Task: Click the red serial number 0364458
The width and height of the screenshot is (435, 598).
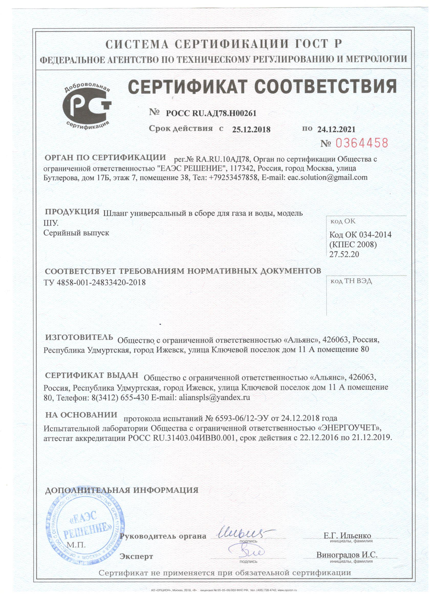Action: pyautogui.click(x=362, y=143)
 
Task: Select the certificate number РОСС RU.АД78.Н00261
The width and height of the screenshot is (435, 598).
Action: pyautogui.click(x=211, y=113)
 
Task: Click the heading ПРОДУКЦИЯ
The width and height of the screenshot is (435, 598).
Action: pyautogui.click(x=72, y=212)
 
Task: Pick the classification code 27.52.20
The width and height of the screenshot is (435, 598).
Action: pyautogui.click(x=344, y=254)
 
